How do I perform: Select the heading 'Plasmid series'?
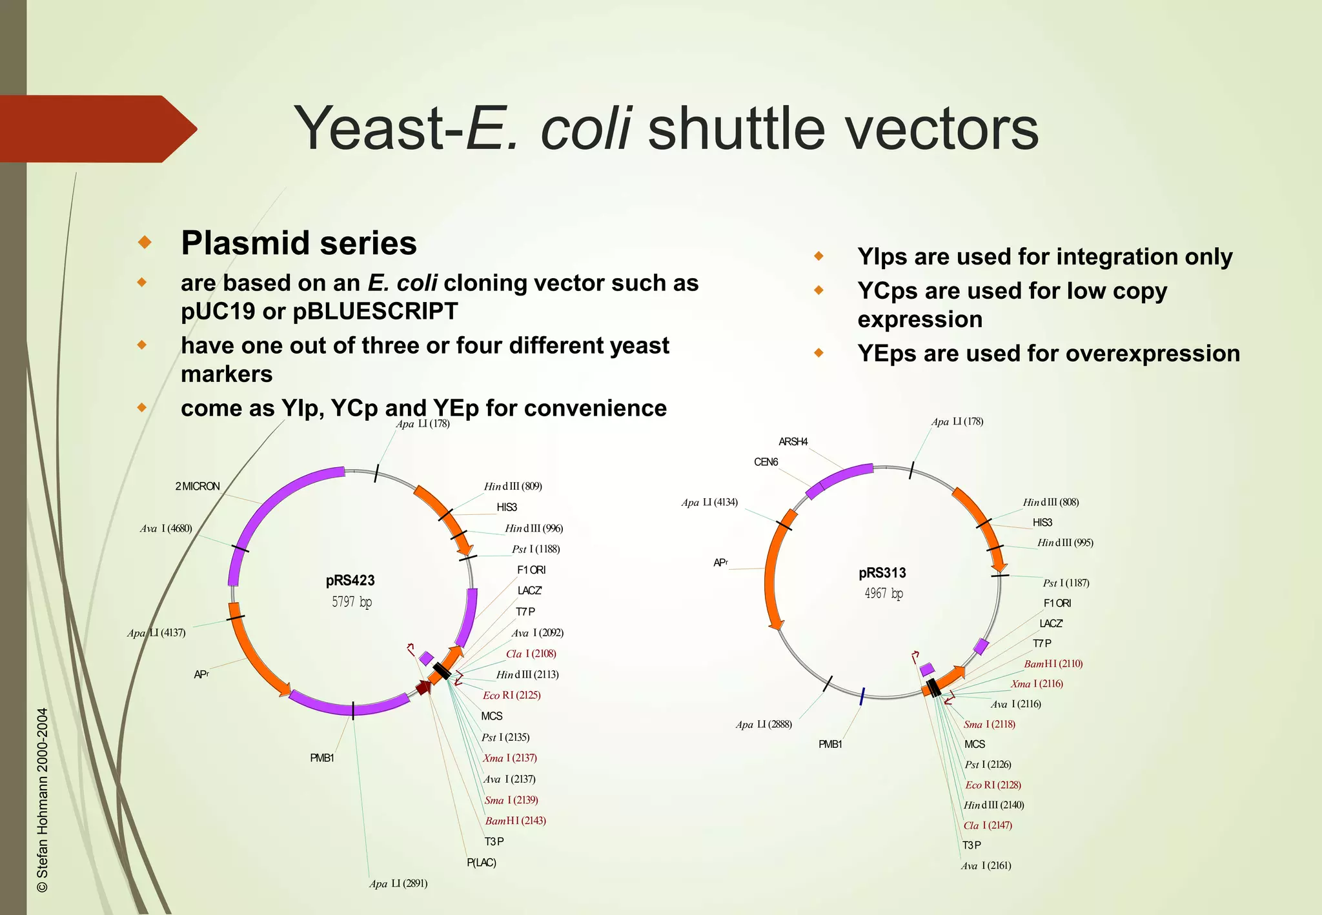click(299, 244)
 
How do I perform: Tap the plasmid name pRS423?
click(350, 581)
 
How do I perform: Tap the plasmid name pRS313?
click(882, 573)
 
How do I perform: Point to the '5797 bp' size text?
click(352, 602)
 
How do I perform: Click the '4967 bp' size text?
click(884, 594)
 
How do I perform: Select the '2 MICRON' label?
click(198, 487)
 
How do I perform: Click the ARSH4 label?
click(793, 442)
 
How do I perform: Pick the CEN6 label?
click(766, 463)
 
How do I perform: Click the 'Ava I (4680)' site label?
click(166, 529)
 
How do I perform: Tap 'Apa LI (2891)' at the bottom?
click(398, 884)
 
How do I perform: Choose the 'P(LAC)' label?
click(482, 863)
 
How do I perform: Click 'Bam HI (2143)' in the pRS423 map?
click(515, 821)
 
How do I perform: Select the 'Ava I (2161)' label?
click(986, 866)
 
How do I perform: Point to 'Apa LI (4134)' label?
click(709, 503)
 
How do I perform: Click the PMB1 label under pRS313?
click(830, 745)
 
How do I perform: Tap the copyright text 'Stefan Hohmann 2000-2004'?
click(43, 800)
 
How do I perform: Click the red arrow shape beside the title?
click(97, 129)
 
